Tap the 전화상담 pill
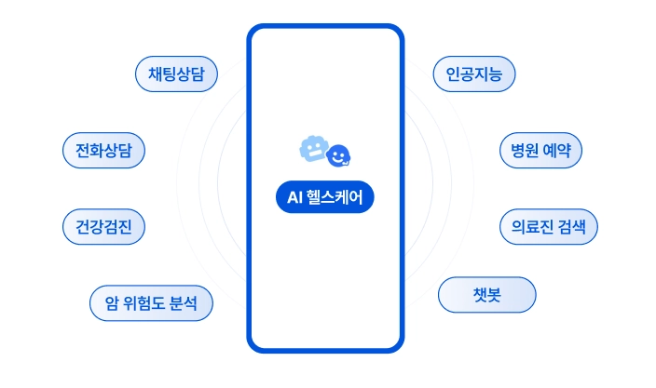point(103,150)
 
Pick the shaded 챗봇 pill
point(487,295)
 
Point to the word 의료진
point(522,226)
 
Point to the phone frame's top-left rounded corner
point(254,33)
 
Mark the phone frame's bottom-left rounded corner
point(254,345)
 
